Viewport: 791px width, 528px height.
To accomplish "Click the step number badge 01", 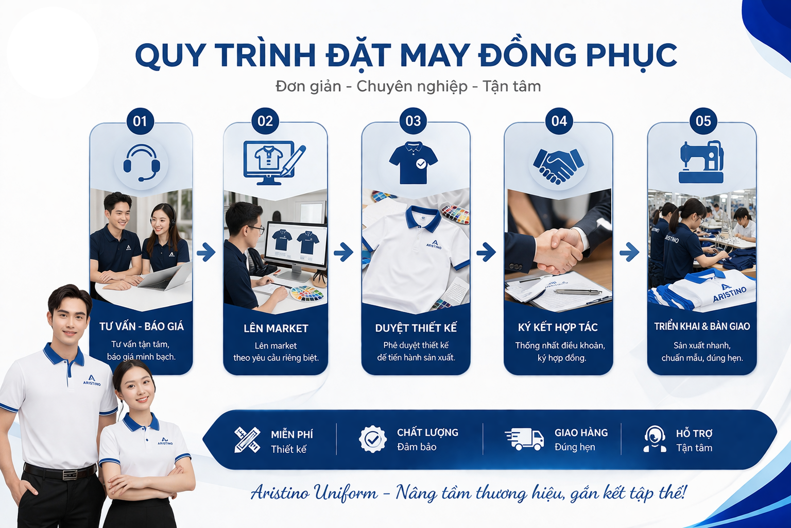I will (x=140, y=121).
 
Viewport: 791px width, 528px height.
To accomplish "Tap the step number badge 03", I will (x=413, y=121).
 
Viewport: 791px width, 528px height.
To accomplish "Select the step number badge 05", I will (x=703, y=121).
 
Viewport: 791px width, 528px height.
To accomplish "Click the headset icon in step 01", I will (x=142, y=163).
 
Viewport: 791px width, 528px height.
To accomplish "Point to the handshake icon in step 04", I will (x=558, y=166).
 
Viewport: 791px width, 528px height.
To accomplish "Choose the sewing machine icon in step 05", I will (x=701, y=162).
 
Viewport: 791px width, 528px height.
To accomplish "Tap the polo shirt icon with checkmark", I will (x=413, y=163).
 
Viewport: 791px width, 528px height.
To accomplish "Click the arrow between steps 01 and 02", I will (x=206, y=252).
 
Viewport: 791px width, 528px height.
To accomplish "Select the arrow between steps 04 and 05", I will (x=629, y=252).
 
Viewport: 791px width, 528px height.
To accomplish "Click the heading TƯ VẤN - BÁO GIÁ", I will (x=142, y=326).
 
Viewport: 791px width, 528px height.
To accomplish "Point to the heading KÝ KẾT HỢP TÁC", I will (x=558, y=327).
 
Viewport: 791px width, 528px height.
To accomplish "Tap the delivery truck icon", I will (x=524, y=439).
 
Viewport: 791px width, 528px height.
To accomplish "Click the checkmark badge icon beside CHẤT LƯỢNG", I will (x=372, y=439).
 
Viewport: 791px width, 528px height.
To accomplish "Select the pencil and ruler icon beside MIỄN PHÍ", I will (x=247, y=440).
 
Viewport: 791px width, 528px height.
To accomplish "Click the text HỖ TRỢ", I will (x=694, y=434).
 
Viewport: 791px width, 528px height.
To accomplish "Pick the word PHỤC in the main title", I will (x=631, y=55).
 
